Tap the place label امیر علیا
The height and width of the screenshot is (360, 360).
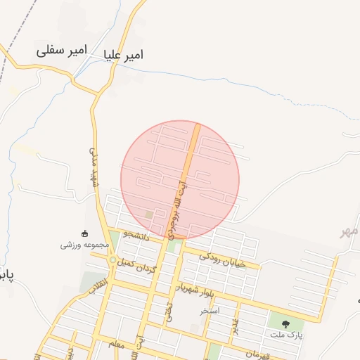click(122, 54)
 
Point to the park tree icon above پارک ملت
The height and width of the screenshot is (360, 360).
click(285, 323)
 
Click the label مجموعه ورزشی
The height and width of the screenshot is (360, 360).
click(84, 245)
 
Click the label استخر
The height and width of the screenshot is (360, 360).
click(209, 309)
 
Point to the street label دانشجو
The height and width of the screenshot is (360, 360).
click(136, 233)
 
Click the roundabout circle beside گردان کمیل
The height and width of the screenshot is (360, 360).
click(112, 261)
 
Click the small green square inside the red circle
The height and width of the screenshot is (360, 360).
click(148, 214)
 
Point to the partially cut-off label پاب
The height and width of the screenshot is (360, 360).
click(6, 273)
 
